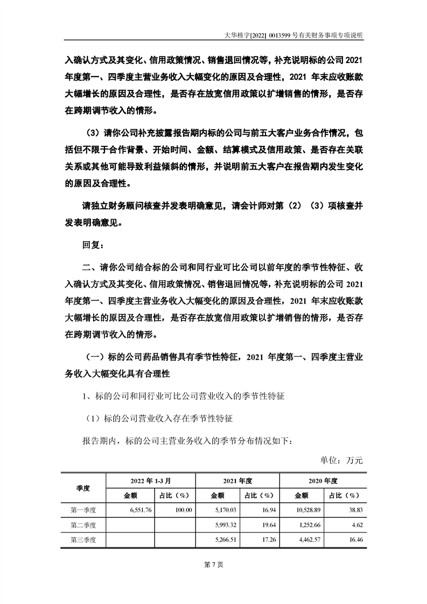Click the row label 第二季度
tap(83, 524)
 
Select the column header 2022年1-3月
tap(150, 480)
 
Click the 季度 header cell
tap(83, 488)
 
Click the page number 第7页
tap(214, 564)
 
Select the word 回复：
tap(93, 245)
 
